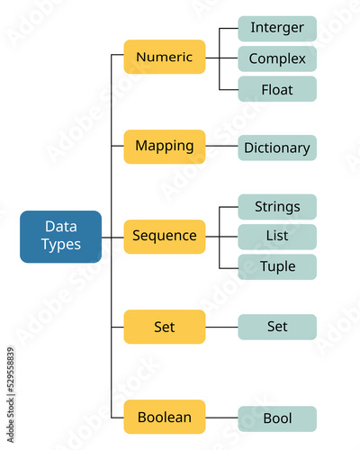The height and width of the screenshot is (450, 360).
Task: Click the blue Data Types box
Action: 60,237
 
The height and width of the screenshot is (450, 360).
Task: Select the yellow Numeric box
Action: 165,57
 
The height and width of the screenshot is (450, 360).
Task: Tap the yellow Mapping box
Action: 165,147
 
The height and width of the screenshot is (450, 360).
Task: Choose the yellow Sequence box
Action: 165,237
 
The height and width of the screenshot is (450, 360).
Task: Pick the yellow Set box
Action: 165,327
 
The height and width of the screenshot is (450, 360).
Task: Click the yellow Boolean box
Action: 165,417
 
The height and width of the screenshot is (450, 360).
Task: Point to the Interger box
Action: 277,29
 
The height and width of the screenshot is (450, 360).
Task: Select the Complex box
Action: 277,58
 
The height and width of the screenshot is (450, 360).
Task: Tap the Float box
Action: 277,89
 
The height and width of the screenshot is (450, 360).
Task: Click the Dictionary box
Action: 277,148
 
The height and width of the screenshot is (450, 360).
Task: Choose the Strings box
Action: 277,207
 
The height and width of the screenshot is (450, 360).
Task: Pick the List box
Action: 277,237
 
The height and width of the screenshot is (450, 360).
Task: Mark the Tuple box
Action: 277,267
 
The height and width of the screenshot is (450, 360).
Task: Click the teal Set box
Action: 277,327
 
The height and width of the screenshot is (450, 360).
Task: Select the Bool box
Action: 277,418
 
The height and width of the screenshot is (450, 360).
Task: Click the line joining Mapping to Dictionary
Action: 221,146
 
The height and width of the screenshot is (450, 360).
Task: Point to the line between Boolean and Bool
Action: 221,418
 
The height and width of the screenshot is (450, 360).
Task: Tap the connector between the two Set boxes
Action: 221,327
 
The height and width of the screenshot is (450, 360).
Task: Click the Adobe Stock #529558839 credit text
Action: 11,395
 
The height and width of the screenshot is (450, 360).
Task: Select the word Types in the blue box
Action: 61,245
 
